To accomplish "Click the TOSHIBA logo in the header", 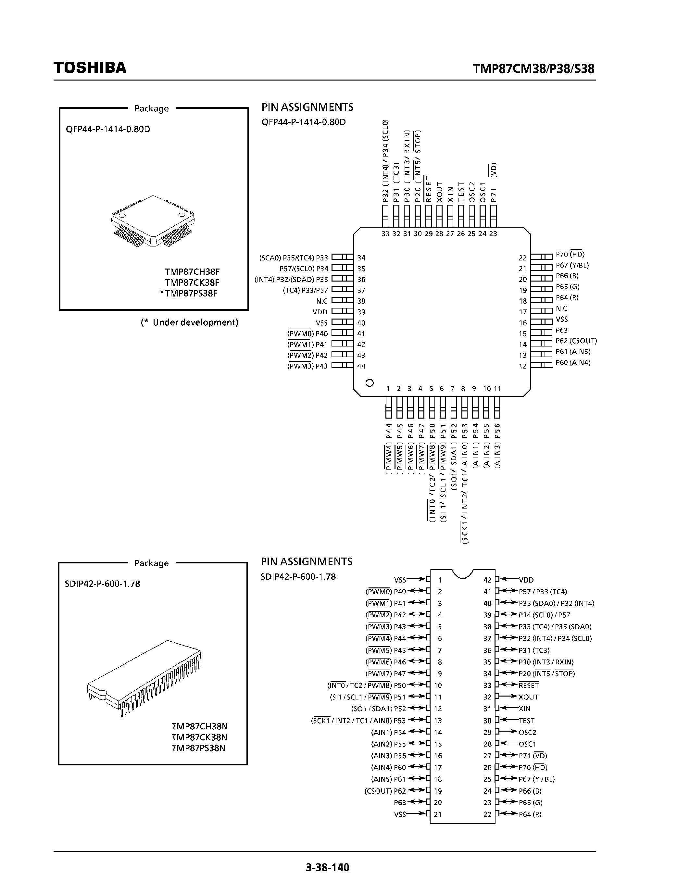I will (x=90, y=68).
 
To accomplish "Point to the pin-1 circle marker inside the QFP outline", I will (x=370, y=383).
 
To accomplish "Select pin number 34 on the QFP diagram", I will (x=361, y=258).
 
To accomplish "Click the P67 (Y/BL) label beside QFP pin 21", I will (x=572, y=265).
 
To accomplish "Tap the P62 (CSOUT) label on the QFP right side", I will (x=576, y=341).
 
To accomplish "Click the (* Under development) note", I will (x=189, y=322).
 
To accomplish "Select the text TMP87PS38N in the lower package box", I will (x=198, y=748).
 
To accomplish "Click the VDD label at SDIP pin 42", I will (x=526, y=580).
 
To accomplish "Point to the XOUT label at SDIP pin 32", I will (x=528, y=697).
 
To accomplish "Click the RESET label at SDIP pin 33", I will (x=529, y=685).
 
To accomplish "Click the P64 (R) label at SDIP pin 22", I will (x=530, y=814).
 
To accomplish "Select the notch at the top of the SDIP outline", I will (x=463, y=573).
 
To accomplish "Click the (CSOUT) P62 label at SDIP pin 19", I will (x=385, y=791).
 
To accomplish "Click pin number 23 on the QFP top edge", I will (x=493, y=234).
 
